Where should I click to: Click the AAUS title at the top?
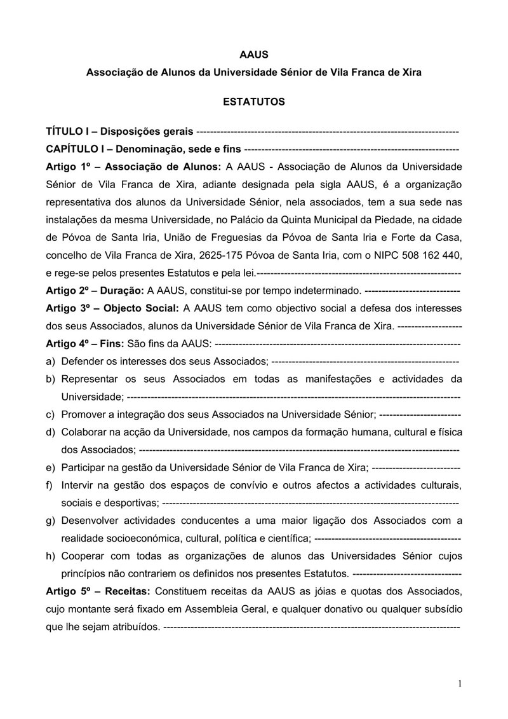[253, 55]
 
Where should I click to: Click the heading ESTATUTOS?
[253, 102]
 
